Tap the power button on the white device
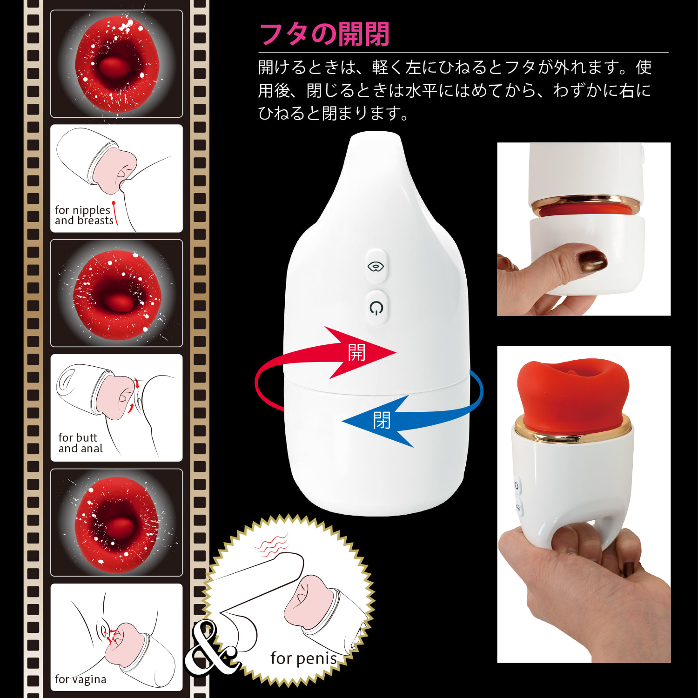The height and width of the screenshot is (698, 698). tap(376, 308)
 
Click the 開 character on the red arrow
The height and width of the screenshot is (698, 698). tap(356, 352)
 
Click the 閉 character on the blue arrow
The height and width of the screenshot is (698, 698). tap(382, 420)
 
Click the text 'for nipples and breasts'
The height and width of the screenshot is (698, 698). tap(84, 215)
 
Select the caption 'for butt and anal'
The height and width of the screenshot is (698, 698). tap(81, 443)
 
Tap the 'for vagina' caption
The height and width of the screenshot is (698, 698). tap(81, 679)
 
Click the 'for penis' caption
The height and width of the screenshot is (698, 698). tap(304, 658)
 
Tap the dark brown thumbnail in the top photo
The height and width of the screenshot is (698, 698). tap(591, 260)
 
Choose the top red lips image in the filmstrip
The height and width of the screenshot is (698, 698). tap(116, 64)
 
